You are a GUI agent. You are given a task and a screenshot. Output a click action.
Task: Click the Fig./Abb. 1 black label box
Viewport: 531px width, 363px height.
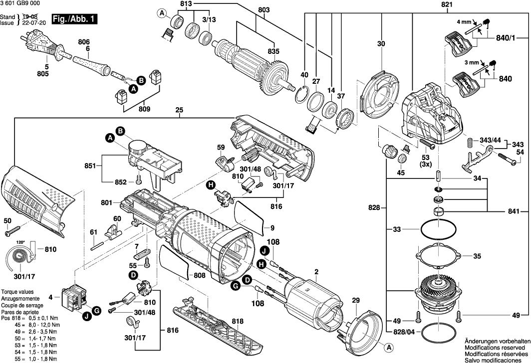[x=77, y=20]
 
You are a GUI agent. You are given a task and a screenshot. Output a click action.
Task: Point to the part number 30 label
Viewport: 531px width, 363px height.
[x=381, y=44]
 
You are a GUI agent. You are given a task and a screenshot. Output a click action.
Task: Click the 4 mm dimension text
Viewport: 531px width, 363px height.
[x=465, y=22]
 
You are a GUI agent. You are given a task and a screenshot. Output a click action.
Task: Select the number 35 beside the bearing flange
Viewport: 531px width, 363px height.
[x=477, y=256]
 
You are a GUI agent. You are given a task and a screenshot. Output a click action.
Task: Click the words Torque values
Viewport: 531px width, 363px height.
[x=17, y=291]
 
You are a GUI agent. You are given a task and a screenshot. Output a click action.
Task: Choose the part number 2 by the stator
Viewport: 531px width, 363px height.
[x=316, y=272]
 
